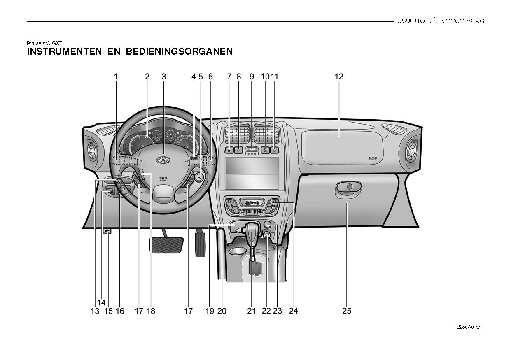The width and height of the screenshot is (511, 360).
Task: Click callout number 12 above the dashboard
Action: point(338,77)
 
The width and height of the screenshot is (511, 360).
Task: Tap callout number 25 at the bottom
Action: point(347,311)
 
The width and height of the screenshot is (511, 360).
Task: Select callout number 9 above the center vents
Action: point(252,77)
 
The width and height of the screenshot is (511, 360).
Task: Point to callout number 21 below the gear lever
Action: point(252,311)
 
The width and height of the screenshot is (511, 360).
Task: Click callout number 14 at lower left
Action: point(101,302)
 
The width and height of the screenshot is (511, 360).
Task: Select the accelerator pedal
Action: point(200,244)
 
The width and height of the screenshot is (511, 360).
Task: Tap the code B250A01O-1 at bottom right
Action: point(469,327)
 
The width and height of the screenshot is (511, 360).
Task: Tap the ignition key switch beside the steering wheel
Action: point(199,177)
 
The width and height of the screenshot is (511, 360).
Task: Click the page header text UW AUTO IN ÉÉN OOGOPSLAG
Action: point(441,21)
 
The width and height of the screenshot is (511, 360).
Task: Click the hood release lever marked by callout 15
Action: point(107,231)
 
